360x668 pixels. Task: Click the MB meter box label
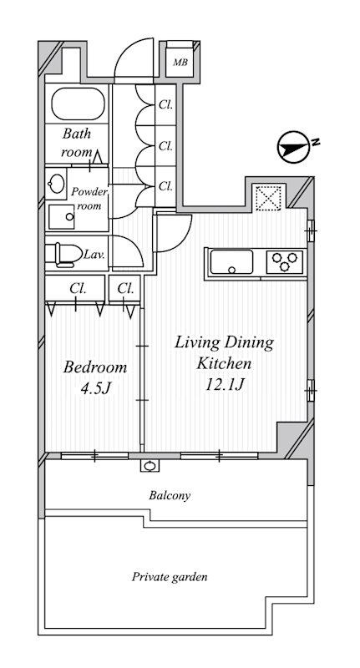coord(180,63)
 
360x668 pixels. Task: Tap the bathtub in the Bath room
coord(79,104)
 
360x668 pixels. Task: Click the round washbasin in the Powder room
coord(55,184)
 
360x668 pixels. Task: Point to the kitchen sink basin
coord(231,261)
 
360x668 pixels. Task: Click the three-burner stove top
coord(285,261)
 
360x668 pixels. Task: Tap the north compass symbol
coord(293,148)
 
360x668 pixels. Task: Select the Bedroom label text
coord(94,367)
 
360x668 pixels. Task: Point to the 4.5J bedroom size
coord(95,388)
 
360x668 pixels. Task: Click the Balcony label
coord(170,495)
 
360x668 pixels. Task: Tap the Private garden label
coord(170,577)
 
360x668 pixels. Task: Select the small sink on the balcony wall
coord(150,466)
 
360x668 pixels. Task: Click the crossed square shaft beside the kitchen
coord(269,197)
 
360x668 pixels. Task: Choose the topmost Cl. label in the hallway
coord(165,105)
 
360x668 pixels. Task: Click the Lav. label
coord(94,255)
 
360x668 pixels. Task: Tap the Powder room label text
coord(89,199)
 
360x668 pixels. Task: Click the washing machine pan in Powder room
coord(61,217)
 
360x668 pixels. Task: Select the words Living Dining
coord(224,343)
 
